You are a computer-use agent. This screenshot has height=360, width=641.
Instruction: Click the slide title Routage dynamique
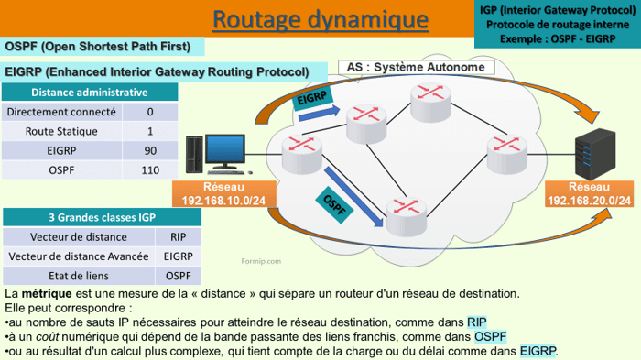coord(320,19)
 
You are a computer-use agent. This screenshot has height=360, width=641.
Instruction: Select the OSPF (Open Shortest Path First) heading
coord(99,47)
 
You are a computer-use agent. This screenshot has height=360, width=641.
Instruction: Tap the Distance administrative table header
coord(89,93)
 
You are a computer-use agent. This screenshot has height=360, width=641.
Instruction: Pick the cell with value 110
coord(150,169)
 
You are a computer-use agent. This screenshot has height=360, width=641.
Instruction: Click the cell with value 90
coord(150,150)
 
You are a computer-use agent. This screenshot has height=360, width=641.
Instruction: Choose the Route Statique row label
coord(61,131)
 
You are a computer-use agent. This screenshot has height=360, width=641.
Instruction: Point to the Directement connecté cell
coord(61,112)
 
